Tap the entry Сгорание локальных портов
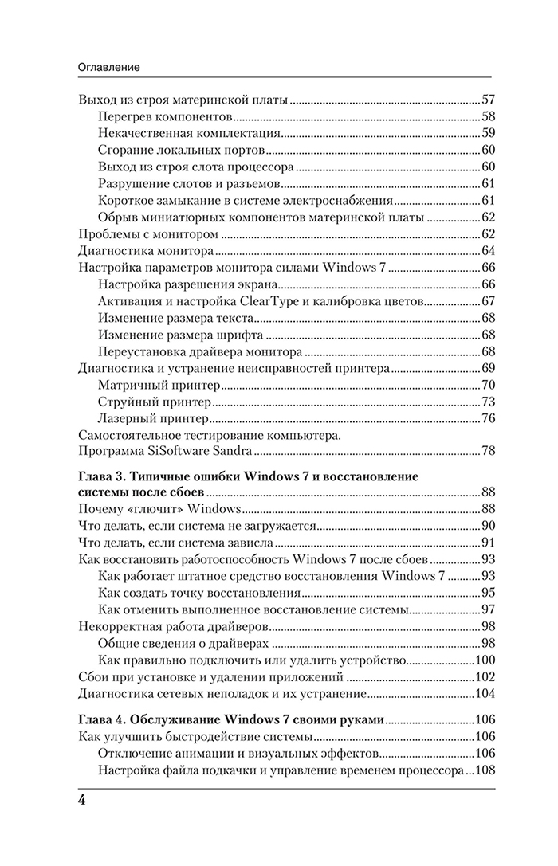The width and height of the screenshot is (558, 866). click(182, 151)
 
